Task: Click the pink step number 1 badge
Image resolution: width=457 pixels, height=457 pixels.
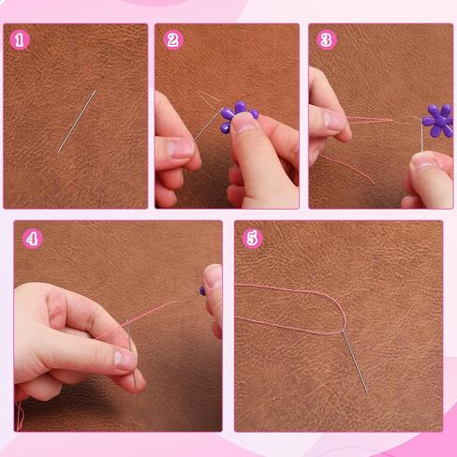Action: point(20,40)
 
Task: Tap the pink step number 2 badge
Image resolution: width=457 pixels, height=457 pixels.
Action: point(173,40)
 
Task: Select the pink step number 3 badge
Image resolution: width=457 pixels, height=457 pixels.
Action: point(327,40)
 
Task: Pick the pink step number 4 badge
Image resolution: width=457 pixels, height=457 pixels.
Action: point(33,239)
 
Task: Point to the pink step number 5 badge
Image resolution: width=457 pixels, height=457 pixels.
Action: point(252,239)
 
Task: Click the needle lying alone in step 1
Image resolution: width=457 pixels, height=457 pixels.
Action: point(76,122)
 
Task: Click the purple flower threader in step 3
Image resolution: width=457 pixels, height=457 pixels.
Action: point(438,121)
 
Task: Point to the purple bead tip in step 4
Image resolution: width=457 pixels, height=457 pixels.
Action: point(202,291)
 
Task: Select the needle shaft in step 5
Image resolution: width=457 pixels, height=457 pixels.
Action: point(356,363)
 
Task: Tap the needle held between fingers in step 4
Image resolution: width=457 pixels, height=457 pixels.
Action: point(132,356)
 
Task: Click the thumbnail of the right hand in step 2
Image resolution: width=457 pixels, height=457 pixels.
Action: point(246,123)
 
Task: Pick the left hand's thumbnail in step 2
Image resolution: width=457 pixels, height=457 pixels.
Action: point(181,148)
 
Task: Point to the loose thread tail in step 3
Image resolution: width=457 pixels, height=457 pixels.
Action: point(347,169)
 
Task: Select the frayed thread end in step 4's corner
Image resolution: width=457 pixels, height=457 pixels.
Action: point(20,415)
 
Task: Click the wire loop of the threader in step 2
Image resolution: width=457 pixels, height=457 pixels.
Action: point(210,99)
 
